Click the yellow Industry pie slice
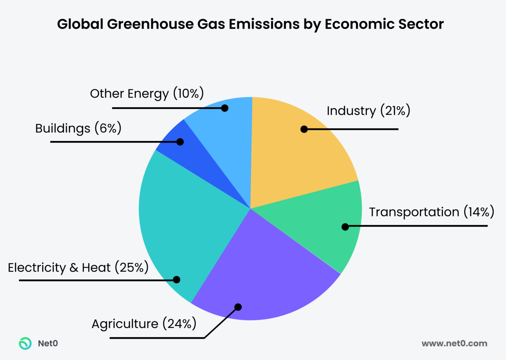[295, 156]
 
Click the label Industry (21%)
[368, 111]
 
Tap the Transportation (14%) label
[431, 212]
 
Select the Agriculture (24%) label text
[144, 324]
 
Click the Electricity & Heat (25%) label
[78, 267]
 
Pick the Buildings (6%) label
[78, 128]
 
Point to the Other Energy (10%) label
[147, 93]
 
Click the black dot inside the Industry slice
[304, 129]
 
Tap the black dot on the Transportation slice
[345, 227]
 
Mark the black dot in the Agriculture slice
[238, 307]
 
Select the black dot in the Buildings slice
[180, 142]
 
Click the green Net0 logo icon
[25, 344]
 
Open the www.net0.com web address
[454, 344]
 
